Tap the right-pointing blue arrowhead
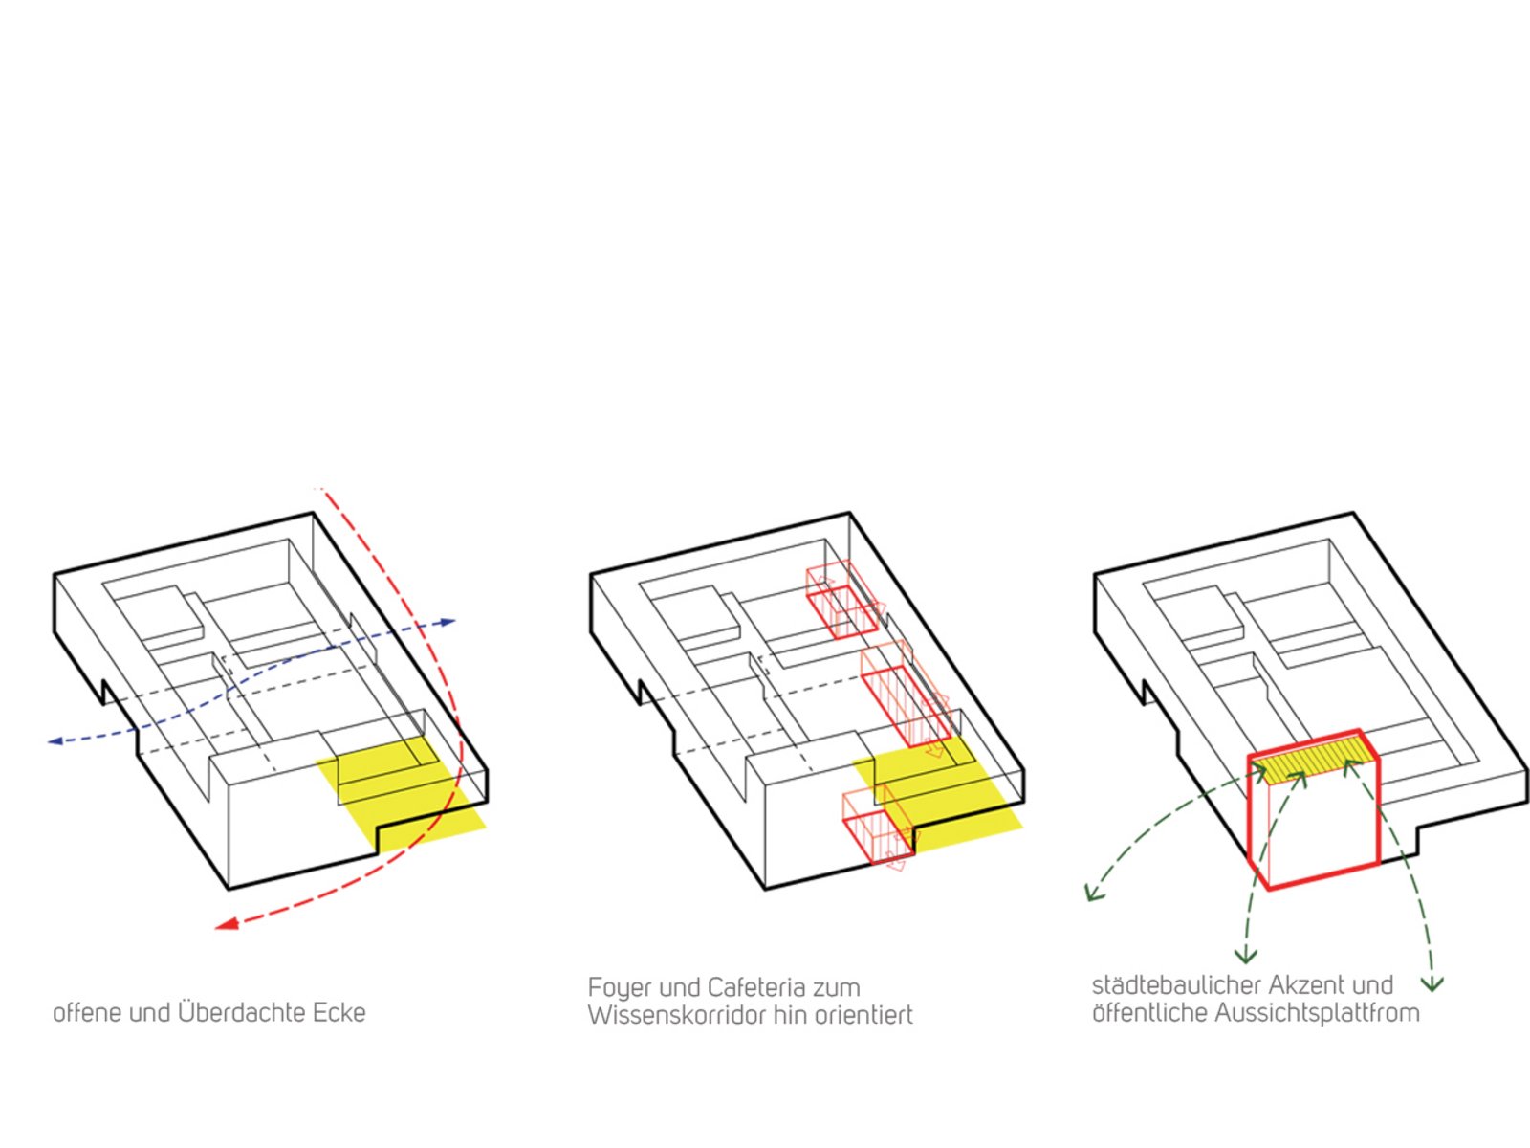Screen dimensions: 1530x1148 pos(448,621)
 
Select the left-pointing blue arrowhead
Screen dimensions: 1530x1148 pos(55,741)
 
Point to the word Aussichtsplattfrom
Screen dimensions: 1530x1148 pos(1318,1013)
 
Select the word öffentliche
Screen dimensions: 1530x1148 pos(1149,1013)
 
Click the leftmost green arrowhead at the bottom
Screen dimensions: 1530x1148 pos(1094,893)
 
